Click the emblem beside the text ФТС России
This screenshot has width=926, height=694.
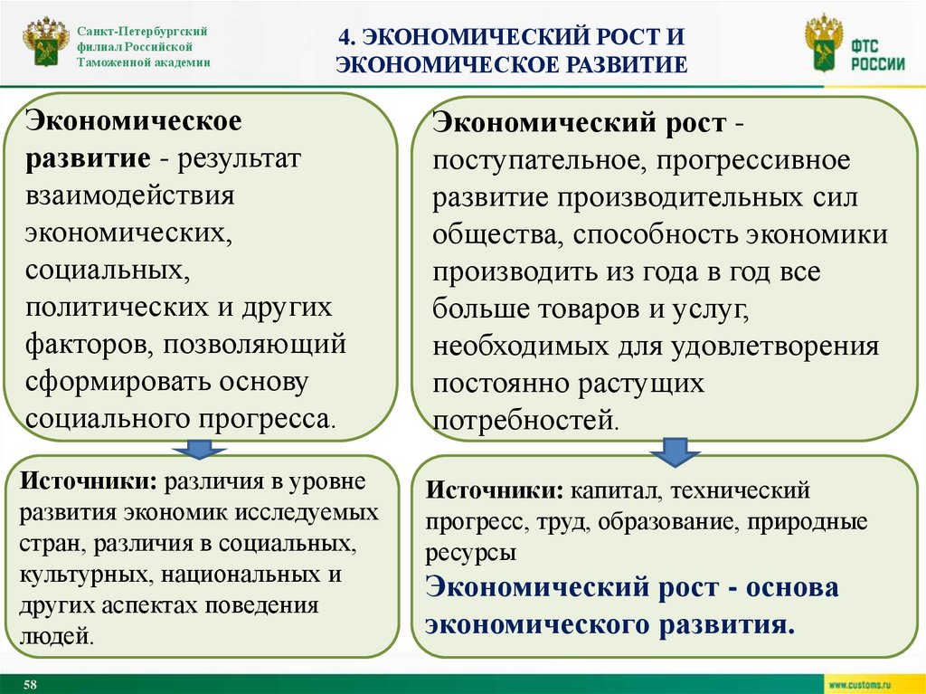tap(823, 44)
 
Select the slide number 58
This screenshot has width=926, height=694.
tap(30, 683)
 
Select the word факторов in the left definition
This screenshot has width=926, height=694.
tap(79, 344)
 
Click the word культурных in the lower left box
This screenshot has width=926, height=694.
tap(80, 575)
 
